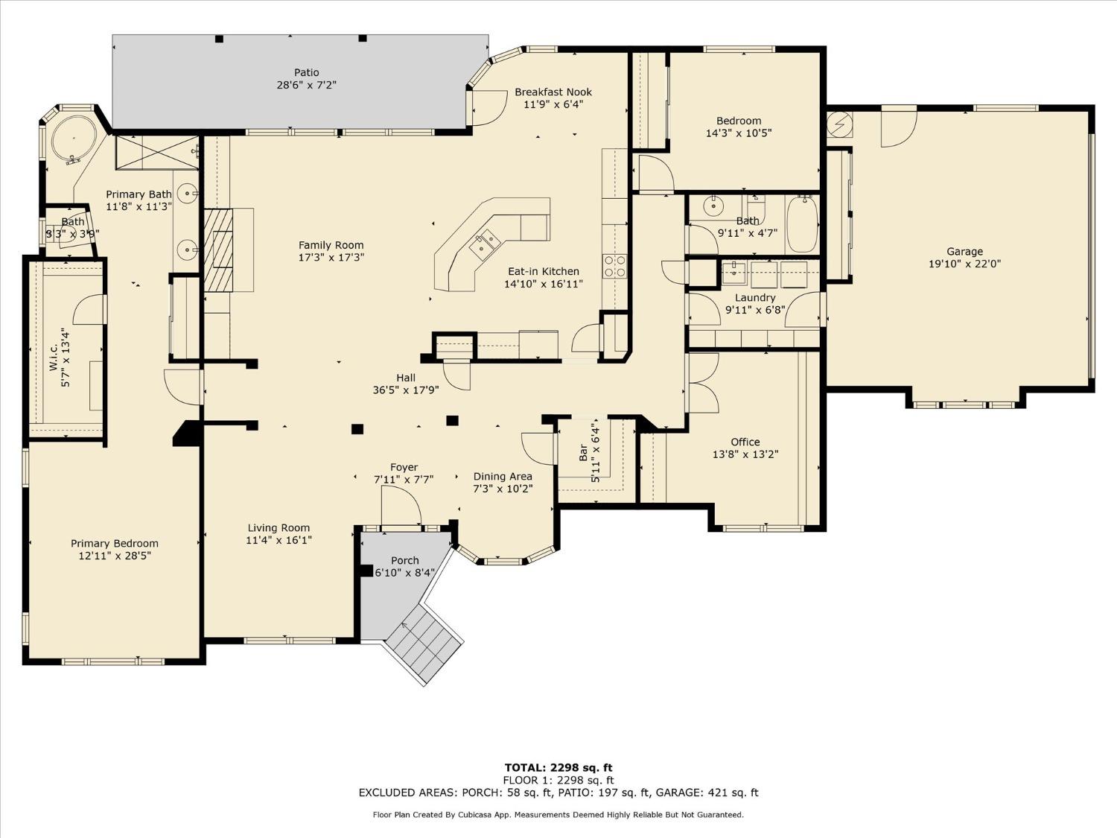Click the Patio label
click(306, 72)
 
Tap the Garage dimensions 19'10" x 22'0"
click(964, 264)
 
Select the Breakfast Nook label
click(553, 92)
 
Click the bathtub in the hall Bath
click(802, 223)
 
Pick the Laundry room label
click(755, 297)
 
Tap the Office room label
click(745, 442)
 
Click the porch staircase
click(423, 643)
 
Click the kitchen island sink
click(485, 241)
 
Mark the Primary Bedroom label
click(115, 544)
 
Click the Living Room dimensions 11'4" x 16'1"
click(279, 540)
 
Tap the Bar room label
click(583, 453)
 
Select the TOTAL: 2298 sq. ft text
click(558, 767)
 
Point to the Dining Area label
click(503, 477)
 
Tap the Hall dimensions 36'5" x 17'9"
click(406, 390)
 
